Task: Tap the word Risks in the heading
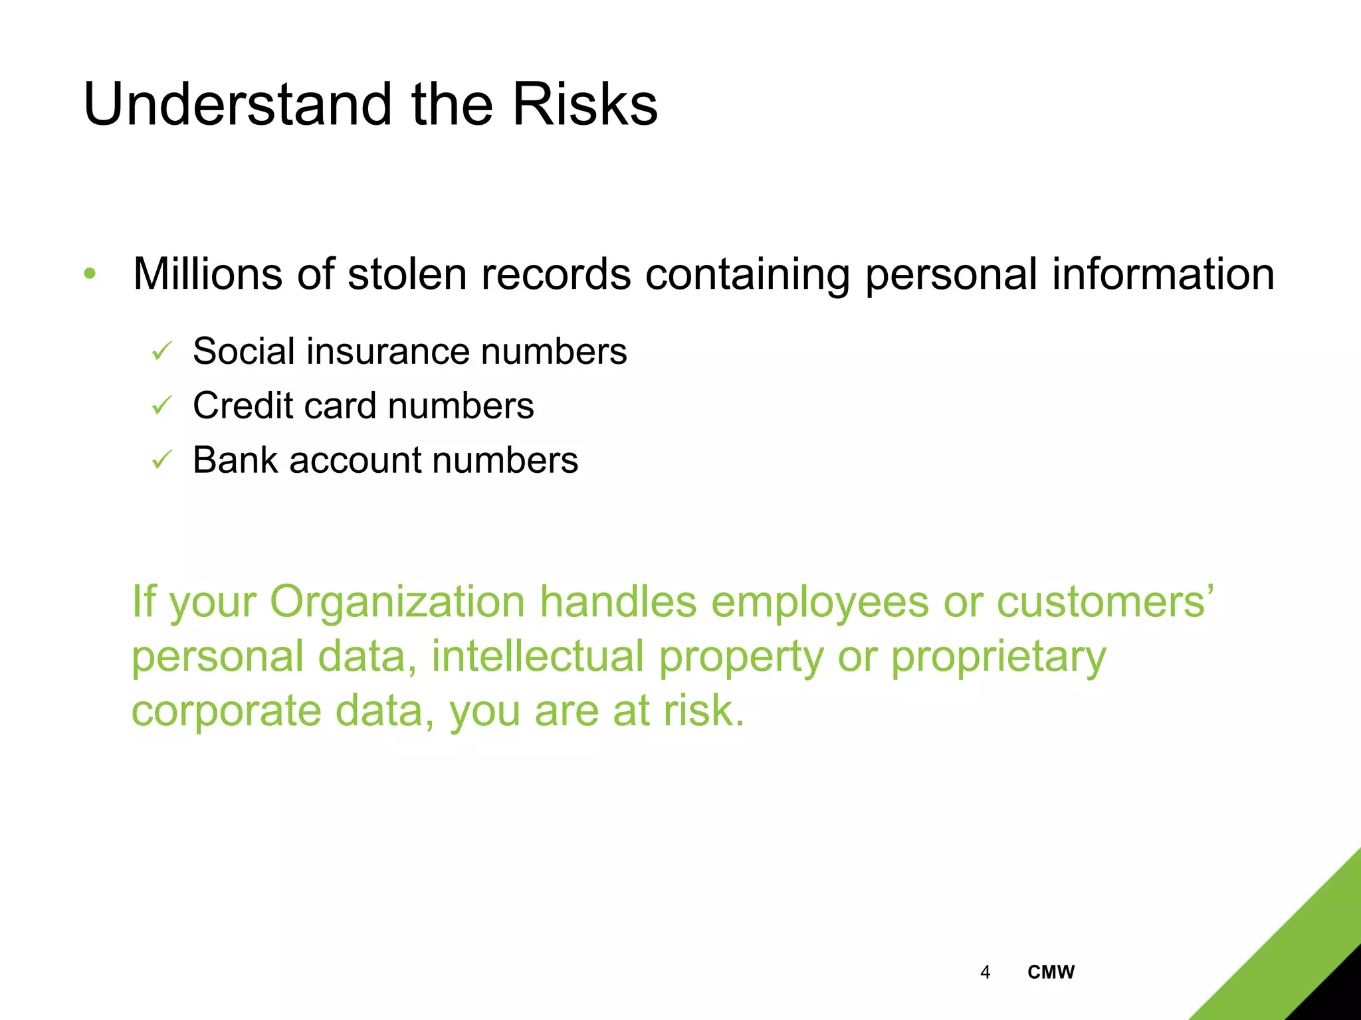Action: tap(585, 104)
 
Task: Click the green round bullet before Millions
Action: tap(90, 273)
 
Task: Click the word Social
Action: tap(243, 351)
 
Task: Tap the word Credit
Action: tap(242, 405)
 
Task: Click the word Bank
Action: tap(235, 460)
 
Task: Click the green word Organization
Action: tap(397, 602)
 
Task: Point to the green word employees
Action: tap(819, 602)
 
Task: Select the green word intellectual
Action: tap(538, 656)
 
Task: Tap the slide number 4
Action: tap(985, 972)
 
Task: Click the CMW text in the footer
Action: tap(1051, 972)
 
